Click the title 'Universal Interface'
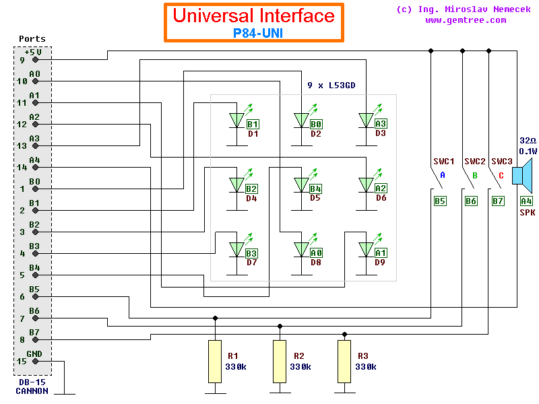[253, 16]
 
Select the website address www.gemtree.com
[466, 20]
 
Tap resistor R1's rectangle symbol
[215, 362]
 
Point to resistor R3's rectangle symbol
[345, 362]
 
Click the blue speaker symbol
[522, 175]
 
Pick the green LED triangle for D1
[236, 120]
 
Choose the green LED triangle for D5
[301, 184]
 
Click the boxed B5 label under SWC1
[440, 201]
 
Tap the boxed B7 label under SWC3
[498, 201]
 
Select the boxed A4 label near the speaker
[526, 201]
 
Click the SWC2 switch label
[474, 162]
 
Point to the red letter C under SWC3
[499, 175]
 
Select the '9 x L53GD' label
[331, 86]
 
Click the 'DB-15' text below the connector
[32, 382]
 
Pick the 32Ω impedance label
[527, 141]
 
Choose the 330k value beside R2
[300, 367]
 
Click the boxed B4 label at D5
[315, 189]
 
